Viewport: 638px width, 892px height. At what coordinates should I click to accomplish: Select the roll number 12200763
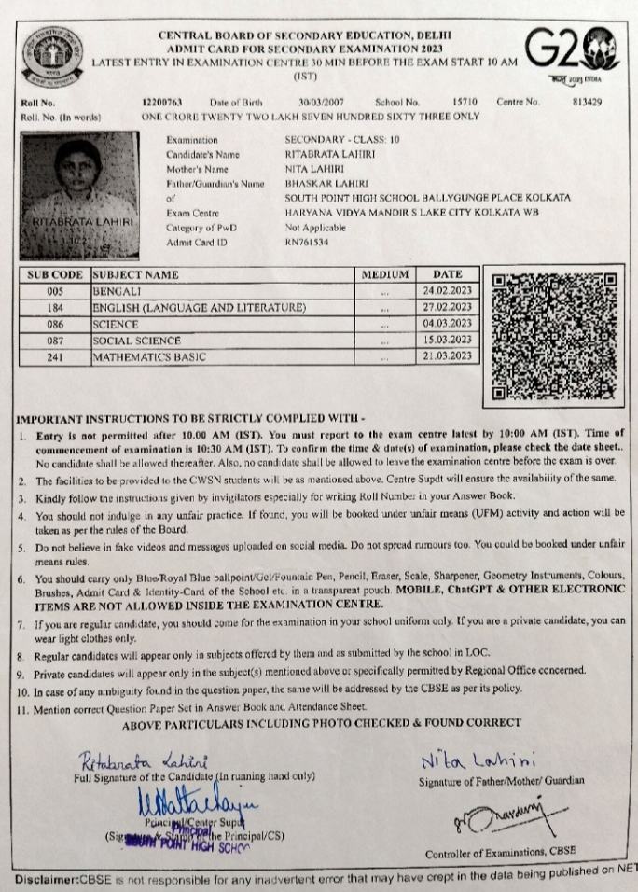click(163, 102)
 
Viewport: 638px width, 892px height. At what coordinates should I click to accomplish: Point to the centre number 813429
click(589, 102)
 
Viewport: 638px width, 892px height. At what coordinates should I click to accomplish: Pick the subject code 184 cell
click(54, 307)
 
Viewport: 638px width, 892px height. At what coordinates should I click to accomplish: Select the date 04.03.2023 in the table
click(448, 324)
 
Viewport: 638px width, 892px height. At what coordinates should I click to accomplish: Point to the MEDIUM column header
click(384, 275)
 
